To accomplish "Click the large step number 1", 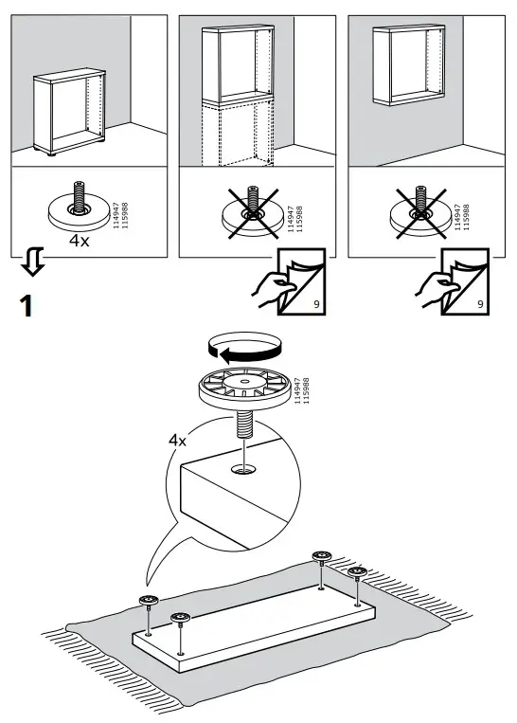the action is [x=27, y=306].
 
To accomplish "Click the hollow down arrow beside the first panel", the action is [x=33, y=261].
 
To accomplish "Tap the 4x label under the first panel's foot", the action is [x=80, y=241].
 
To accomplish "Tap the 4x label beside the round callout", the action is [x=177, y=441].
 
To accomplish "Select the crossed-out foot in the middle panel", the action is [x=251, y=212].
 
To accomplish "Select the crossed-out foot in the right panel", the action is [x=420, y=212].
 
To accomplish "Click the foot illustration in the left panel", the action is [x=80, y=208].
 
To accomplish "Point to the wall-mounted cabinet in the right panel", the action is [x=409, y=64].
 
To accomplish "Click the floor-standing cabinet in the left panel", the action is [x=69, y=112].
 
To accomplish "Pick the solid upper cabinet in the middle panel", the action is [x=238, y=64].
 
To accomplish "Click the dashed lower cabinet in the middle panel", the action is [x=238, y=135].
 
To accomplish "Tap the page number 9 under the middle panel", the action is [x=316, y=304].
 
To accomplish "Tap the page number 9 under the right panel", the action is [x=481, y=304].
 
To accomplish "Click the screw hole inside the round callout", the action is [x=244, y=470].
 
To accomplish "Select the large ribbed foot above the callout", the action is [x=244, y=389].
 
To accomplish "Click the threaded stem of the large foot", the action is [x=244, y=425].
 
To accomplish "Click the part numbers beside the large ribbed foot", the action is [x=301, y=391].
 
